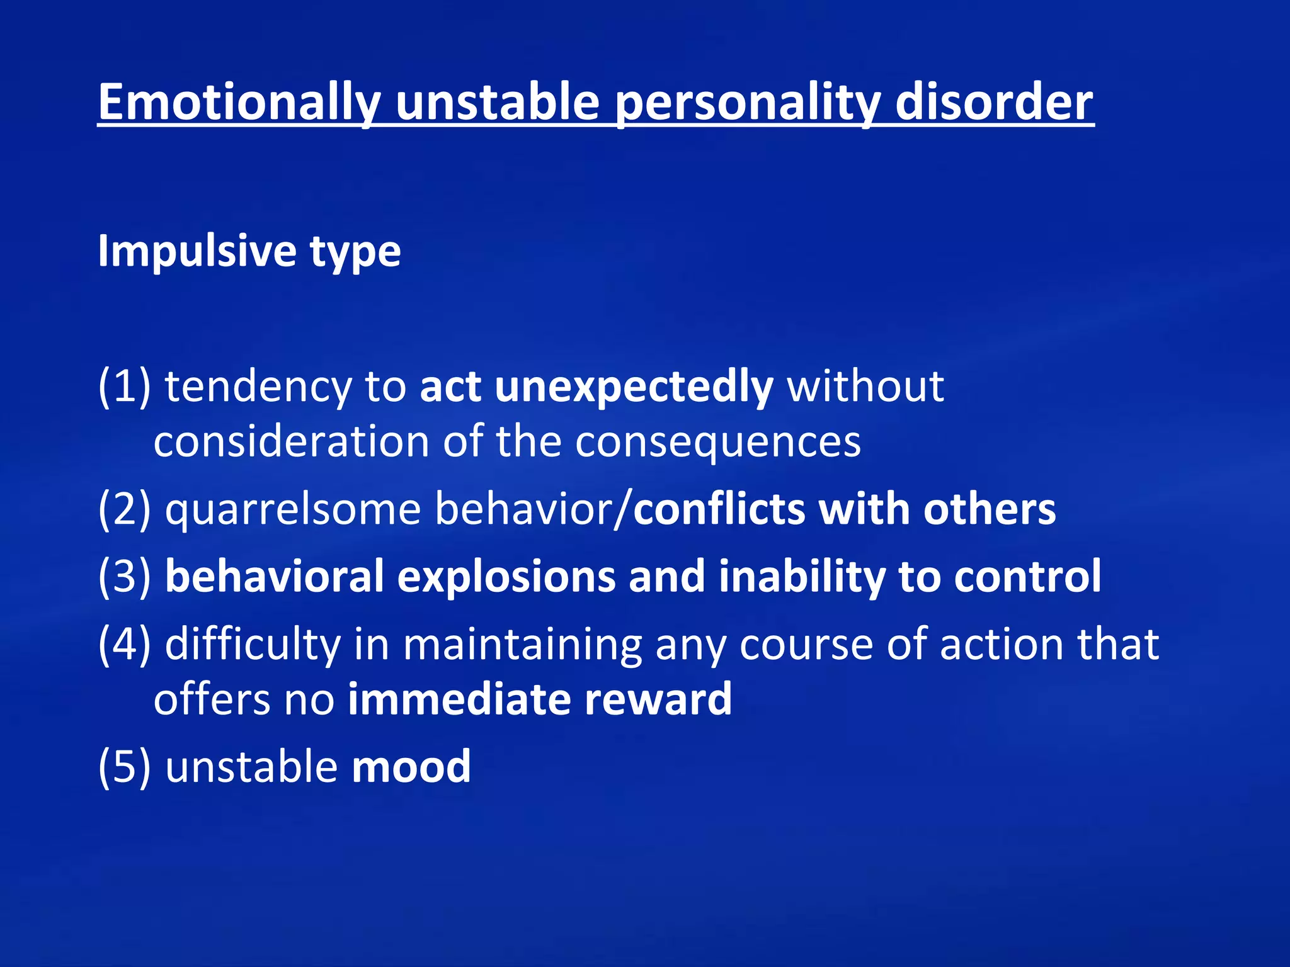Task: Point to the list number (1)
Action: (x=124, y=386)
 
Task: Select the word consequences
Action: (x=717, y=441)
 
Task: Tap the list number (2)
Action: (x=124, y=509)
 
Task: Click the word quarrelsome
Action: (x=293, y=509)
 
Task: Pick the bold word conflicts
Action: (x=719, y=509)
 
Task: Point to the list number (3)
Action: (x=124, y=577)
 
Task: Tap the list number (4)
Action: (x=124, y=644)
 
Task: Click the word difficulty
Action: (x=252, y=644)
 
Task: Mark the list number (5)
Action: (x=124, y=767)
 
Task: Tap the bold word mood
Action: (x=411, y=767)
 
